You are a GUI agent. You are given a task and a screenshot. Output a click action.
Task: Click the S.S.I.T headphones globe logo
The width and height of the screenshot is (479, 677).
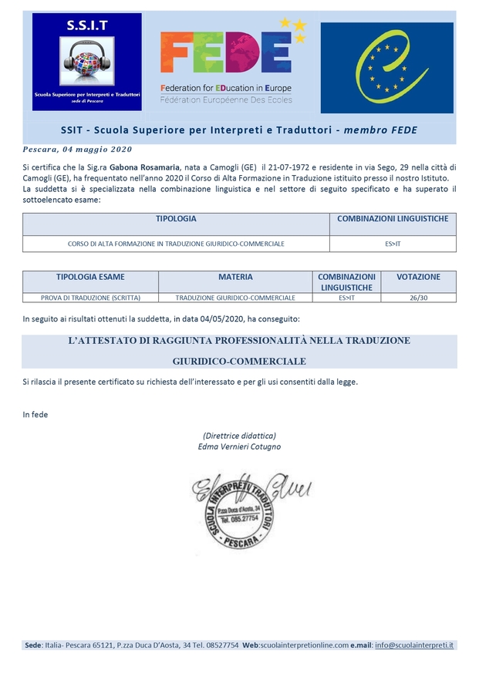[86, 62]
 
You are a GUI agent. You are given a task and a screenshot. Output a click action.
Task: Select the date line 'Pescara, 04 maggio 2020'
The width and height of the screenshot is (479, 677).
[78, 150]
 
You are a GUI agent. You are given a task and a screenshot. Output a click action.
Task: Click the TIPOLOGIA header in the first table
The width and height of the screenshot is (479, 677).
[176, 219]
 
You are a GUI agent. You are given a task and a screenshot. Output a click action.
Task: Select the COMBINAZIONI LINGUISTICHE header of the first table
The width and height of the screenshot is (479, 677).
[393, 219]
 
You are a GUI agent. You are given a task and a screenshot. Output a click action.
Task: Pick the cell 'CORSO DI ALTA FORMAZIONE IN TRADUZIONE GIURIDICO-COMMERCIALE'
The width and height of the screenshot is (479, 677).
[176, 244]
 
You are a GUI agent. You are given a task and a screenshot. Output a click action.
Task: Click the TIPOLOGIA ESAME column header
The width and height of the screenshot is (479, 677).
[90, 277]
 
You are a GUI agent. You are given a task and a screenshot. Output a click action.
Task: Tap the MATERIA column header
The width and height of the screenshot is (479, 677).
[235, 277]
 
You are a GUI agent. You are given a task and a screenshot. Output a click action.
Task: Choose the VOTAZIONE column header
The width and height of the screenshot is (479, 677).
[418, 277]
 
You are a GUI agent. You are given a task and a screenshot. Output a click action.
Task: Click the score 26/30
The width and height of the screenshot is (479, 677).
[418, 298]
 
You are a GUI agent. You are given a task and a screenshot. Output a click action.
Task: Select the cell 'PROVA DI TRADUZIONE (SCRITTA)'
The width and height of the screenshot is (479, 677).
[90, 298]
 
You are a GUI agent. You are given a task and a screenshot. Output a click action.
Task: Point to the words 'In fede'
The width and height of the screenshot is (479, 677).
[35, 415]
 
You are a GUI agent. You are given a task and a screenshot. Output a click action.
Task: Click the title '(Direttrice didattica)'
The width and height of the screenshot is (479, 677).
[239, 436]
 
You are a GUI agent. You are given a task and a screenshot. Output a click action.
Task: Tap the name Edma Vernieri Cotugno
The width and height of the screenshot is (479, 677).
[239, 446]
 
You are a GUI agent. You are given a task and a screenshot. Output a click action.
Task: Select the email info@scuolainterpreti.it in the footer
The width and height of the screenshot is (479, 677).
[414, 645]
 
